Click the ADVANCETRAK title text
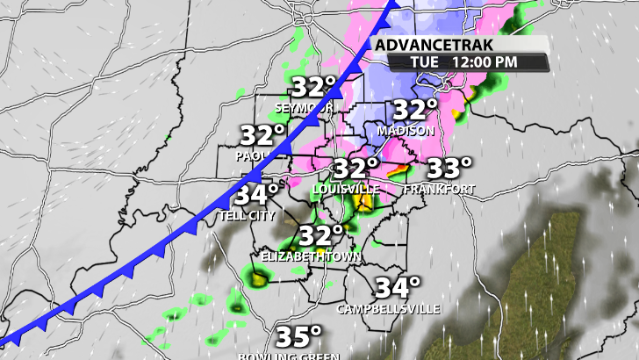tap(434, 45)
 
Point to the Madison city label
tap(406, 131)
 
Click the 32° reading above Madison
tap(415, 111)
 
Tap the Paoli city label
tap(249, 155)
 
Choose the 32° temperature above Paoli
tap(263, 136)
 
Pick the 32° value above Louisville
tap(355, 169)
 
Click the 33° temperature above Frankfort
tap(449, 167)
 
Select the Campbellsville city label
tap(390, 309)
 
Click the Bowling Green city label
tap(290, 355)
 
